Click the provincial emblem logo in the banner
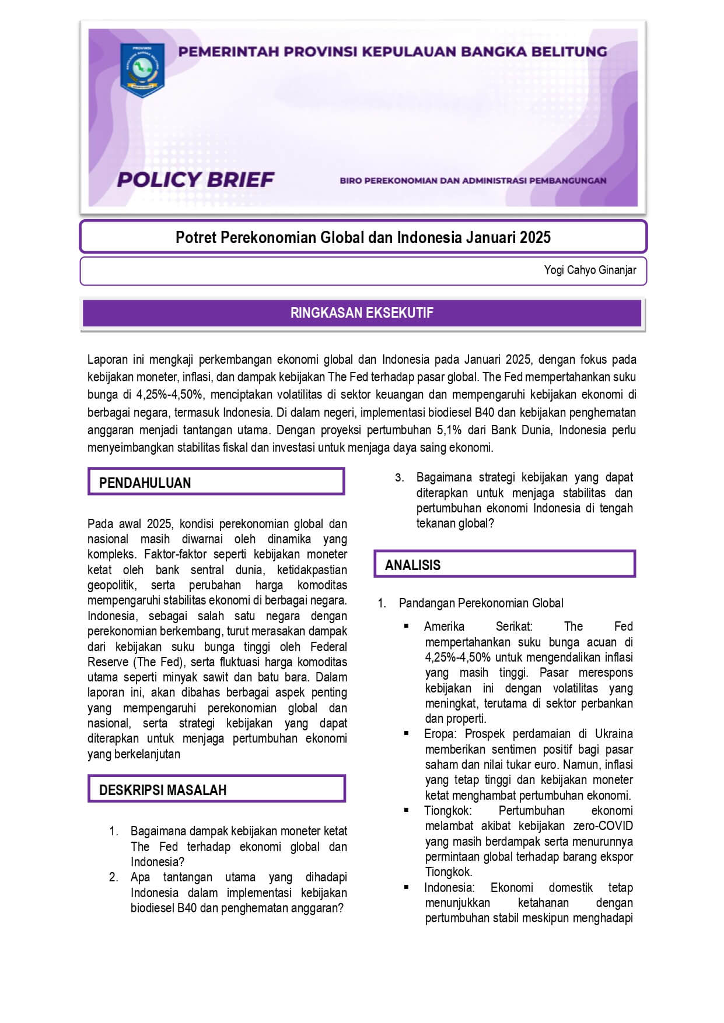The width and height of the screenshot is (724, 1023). tap(142, 69)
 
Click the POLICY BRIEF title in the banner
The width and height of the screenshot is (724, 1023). tap(195, 180)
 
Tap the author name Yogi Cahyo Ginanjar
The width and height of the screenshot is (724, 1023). tap(590, 270)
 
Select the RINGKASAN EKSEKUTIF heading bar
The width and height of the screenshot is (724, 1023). tap(362, 313)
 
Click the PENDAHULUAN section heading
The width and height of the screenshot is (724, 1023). tap(145, 483)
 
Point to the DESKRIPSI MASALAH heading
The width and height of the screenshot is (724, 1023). tap(163, 790)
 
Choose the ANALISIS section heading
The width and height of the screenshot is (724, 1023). tap(412, 565)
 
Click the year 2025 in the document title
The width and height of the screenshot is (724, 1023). tap(535, 237)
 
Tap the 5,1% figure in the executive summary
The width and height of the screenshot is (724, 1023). tap(449, 430)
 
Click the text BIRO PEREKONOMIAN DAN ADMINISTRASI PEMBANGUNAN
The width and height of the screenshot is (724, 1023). tap(473, 181)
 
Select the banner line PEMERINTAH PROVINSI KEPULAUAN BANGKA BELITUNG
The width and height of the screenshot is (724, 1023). tap(392, 51)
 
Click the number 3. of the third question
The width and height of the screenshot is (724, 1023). tap(399, 478)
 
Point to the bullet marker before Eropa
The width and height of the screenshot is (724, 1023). tap(407, 733)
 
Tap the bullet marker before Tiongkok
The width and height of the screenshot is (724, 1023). tap(407, 810)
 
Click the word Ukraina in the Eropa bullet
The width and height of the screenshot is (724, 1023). tap(614, 734)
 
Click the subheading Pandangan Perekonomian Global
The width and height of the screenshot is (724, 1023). tap(481, 603)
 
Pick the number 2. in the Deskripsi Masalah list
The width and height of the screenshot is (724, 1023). tap(114, 877)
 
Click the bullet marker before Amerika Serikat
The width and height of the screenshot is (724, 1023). tap(407, 626)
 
